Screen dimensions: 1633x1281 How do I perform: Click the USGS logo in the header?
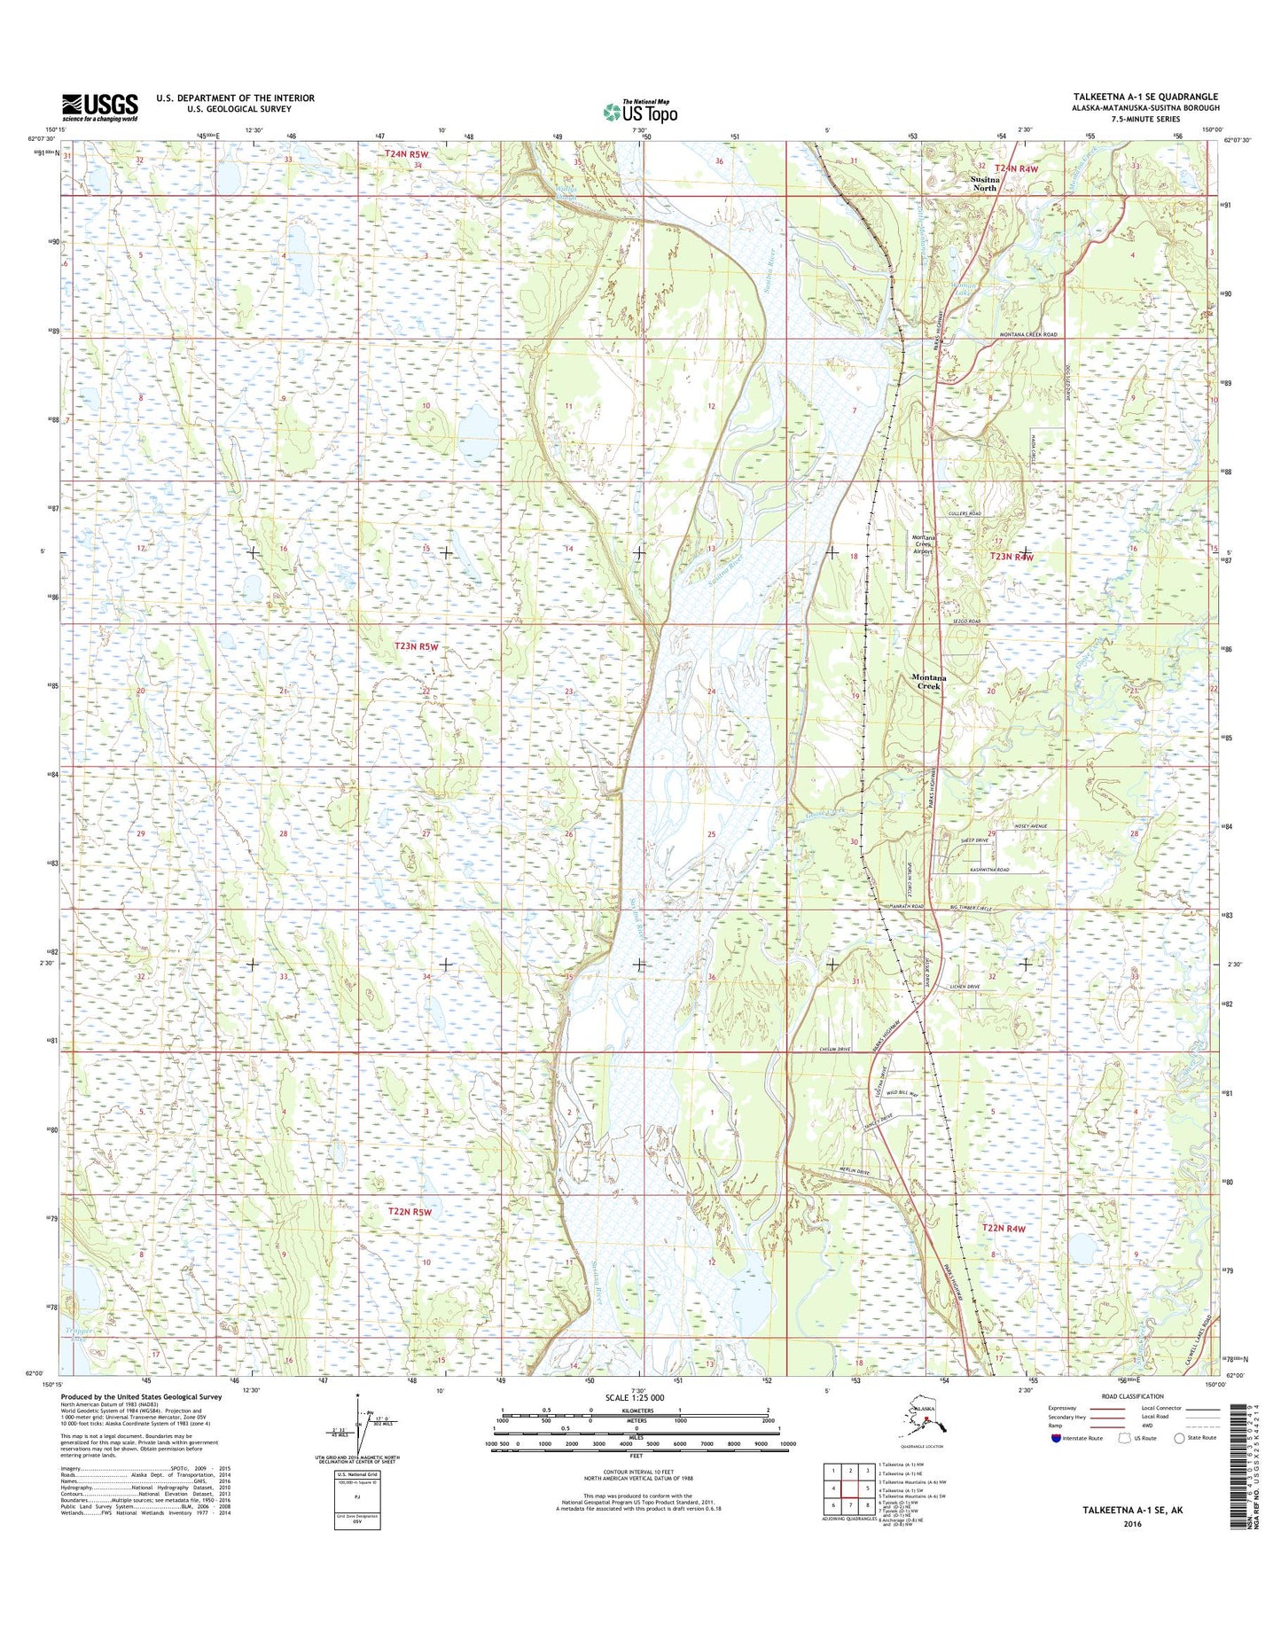pyautogui.click(x=99, y=107)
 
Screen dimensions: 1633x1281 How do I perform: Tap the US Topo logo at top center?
pyautogui.click(x=640, y=111)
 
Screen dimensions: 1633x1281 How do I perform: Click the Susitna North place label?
pyautogui.click(x=984, y=184)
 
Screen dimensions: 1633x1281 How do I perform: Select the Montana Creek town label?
pyautogui.click(x=928, y=682)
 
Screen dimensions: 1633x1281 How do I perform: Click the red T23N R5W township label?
pyautogui.click(x=416, y=647)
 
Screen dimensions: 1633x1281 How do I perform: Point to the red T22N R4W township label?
pyautogui.click(x=1004, y=1229)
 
